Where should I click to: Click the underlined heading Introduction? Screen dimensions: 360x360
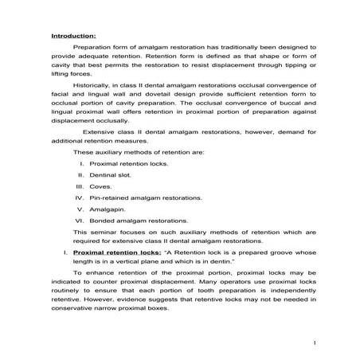tap(73, 36)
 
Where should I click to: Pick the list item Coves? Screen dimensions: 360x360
tap(100, 186)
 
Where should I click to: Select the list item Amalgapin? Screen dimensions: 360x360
tap(107, 208)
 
